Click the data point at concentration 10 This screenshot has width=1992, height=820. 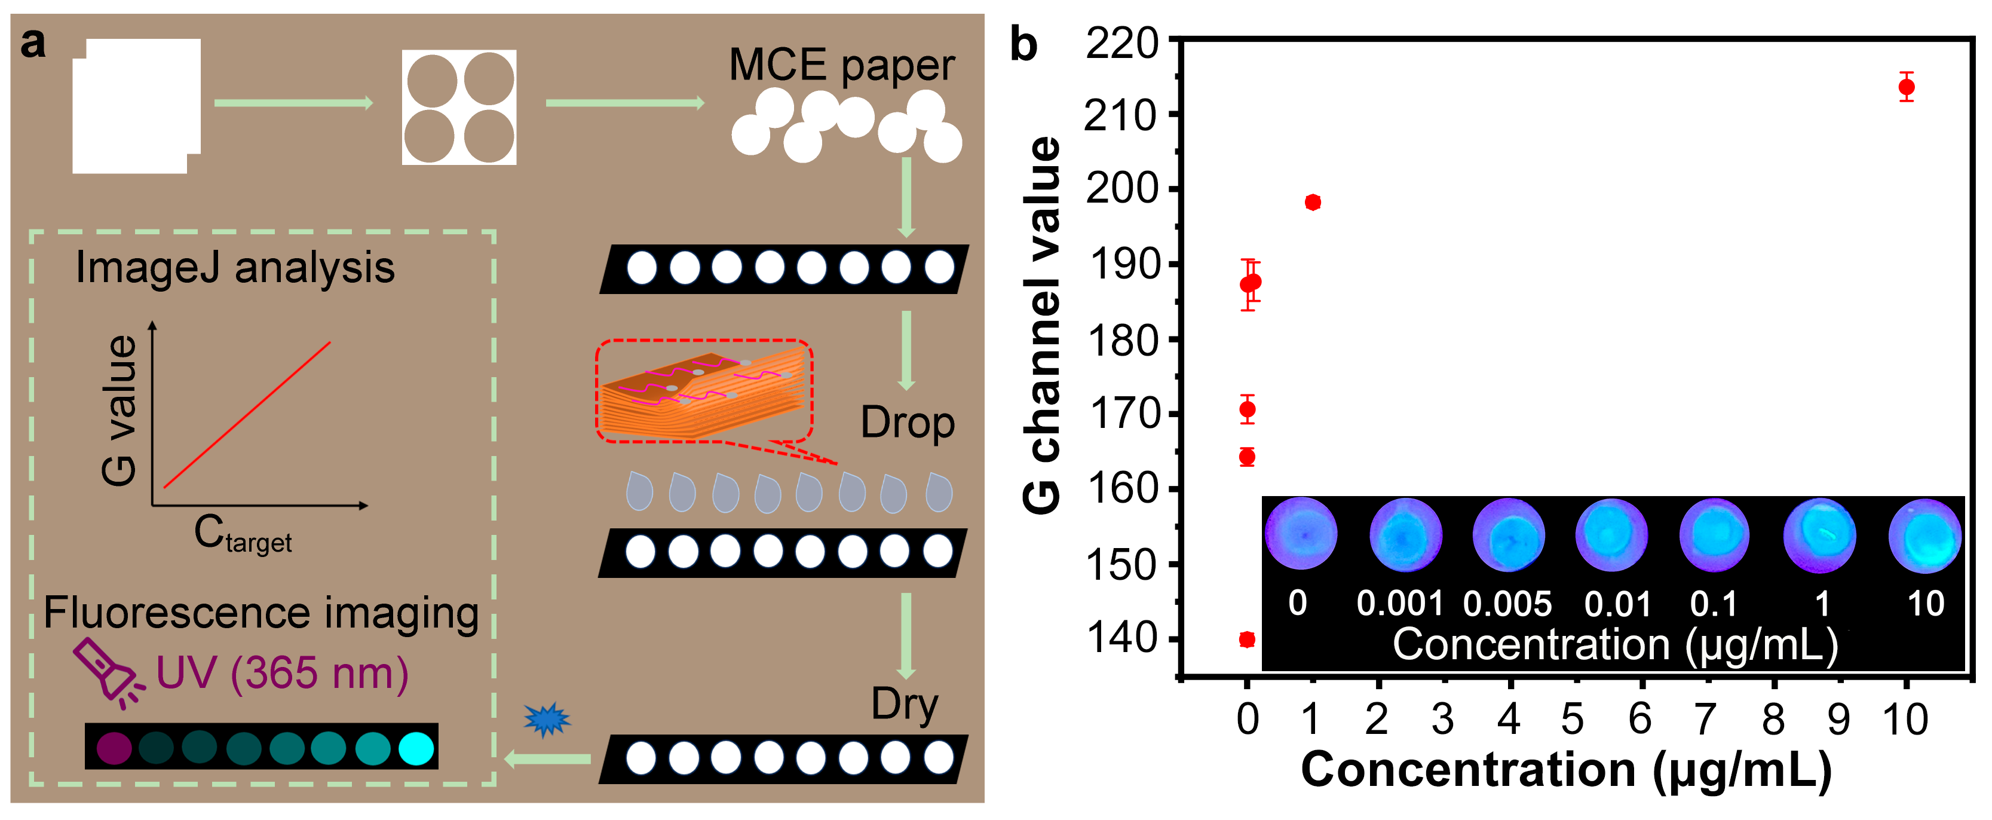[1906, 87]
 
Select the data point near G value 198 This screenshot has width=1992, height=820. [1312, 203]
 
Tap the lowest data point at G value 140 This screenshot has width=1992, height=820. [1246, 639]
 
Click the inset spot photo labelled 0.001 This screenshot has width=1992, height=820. [1405, 534]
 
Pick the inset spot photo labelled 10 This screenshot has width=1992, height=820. [1924, 536]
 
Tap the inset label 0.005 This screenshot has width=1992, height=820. [1507, 604]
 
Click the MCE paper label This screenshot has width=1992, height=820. [841, 65]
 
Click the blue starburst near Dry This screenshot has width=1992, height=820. [547, 720]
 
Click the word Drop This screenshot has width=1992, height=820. [907, 423]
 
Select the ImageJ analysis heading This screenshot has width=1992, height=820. [235, 268]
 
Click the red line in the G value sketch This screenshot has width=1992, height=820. [247, 415]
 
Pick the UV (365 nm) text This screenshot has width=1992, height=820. [282, 673]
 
